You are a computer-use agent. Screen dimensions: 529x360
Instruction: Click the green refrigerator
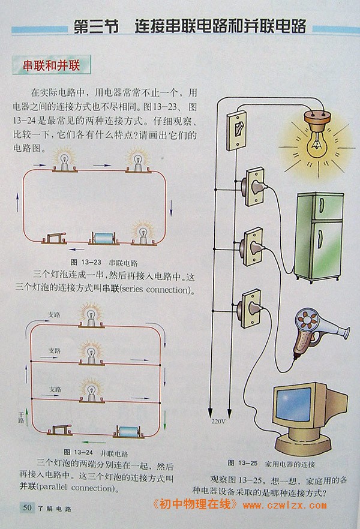[317, 236]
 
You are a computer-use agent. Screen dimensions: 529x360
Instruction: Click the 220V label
[218, 421]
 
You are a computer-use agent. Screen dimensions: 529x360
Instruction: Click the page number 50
[26, 507]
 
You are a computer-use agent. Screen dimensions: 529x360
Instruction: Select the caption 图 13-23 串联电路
[104, 263]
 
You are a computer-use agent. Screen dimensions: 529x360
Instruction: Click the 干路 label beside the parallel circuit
[22, 418]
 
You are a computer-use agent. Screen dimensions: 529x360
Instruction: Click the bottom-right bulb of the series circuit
[144, 235]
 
